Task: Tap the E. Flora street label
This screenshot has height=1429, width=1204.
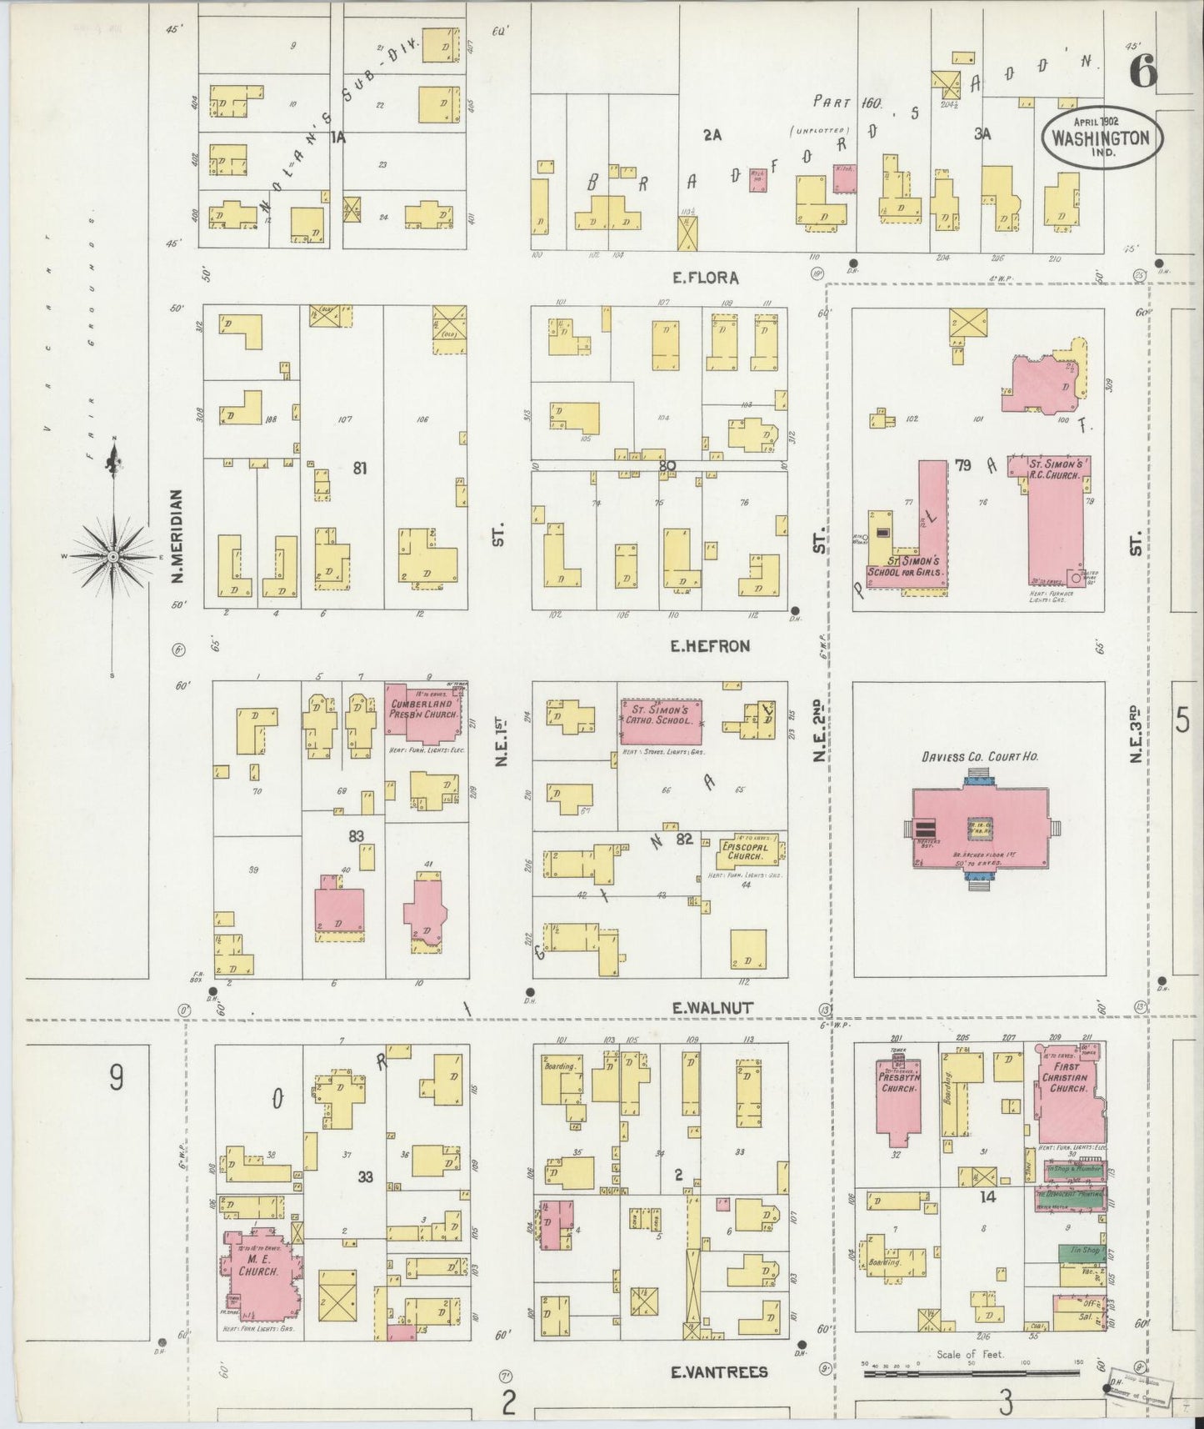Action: [705, 278]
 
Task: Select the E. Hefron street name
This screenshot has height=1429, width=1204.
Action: [711, 645]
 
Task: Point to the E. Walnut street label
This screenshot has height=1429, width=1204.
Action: [712, 1008]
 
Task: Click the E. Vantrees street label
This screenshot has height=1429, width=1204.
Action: [719, 1371]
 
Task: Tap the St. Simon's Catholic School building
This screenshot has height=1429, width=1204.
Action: [660, 720]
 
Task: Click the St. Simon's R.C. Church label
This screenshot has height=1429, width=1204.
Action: [1053, 469]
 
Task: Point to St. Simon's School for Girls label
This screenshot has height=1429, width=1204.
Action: [906, 567]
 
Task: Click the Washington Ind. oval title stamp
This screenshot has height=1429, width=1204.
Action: [1101, 138]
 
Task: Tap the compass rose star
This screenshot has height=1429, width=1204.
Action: [112, 556]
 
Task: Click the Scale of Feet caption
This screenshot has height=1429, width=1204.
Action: [970, 1355]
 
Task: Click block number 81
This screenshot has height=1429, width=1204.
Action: [359, 469]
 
